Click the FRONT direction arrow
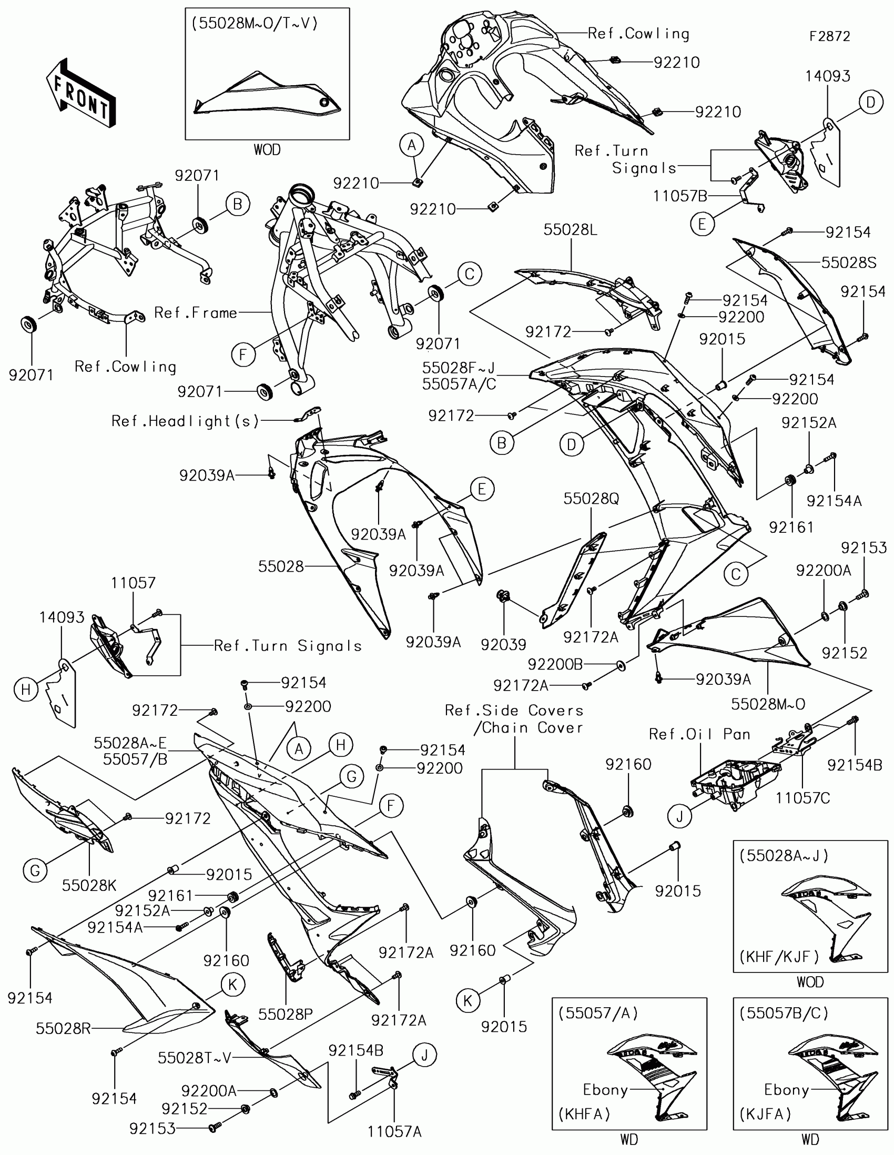tap(81, 94)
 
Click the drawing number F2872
tap(829, 36)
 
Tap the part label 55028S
tap(849, 263)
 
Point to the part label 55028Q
tap(591, 499)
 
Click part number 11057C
tap(802, 797)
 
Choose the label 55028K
tap(89, 885)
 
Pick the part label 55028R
tap(64, 1028)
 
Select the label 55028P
tap(286, 1014)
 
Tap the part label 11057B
tap(680, 196)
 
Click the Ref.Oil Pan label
tap(699, 734)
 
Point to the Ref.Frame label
tap(195, 313)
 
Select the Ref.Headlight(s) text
tap(185, 421)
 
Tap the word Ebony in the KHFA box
tap(605, 1089)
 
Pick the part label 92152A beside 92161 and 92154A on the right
tap(809, 422)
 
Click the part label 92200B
tap(555, 664)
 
